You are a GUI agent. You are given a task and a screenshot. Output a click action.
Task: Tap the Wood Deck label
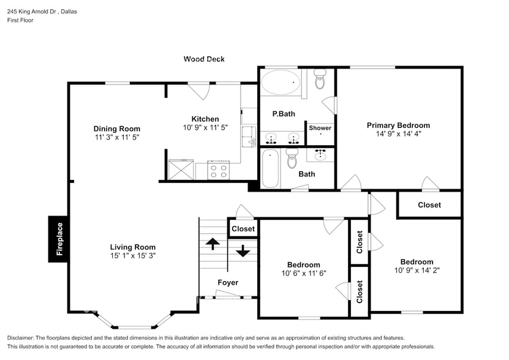[204, 59]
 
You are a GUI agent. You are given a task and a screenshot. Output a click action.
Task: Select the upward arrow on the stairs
[213, 244]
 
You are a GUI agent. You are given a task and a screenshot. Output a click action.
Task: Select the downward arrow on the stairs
[243, 250]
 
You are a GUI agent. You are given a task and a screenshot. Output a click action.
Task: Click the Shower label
[320, 128]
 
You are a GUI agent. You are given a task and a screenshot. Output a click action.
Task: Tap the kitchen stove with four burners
[218, 170]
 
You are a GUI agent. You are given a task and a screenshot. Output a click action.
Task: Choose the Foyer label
[228, 282]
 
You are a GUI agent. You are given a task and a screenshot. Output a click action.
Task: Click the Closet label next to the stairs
[243, 229]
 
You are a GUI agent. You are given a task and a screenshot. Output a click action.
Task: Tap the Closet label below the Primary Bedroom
[429, 205]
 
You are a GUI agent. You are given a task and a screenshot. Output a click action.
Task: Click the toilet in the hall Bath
[292, 158]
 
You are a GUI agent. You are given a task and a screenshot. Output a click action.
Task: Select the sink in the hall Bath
[320, 154]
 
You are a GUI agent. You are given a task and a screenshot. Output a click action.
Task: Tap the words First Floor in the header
[21, 20]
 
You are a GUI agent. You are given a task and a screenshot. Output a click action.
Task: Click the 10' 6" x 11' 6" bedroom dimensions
[304, 273]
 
